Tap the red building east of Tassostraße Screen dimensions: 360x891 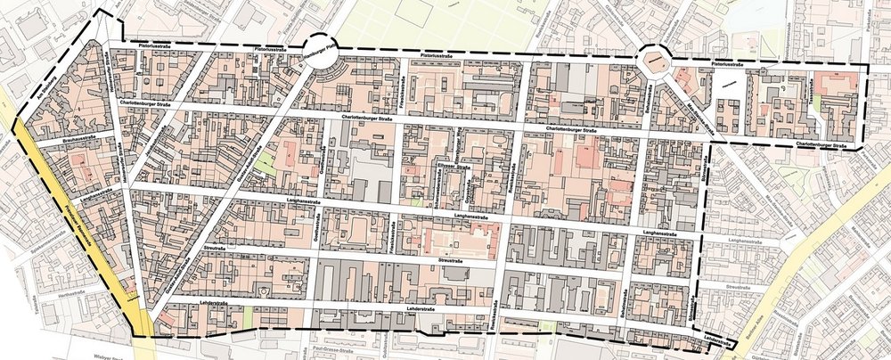834,85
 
